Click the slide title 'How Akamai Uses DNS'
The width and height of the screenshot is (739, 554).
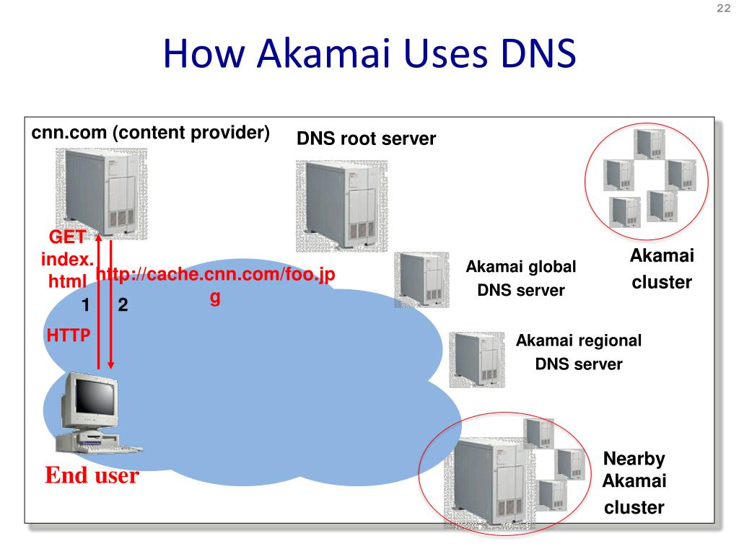click(369, 53)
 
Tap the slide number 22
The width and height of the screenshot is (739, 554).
click(723, 8)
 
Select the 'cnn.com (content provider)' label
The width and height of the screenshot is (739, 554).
click(150, 133)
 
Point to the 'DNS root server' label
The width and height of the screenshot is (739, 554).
click(366, 139)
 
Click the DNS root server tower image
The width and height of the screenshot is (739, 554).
click(341, 206)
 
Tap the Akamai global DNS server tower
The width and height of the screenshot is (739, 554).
click(421, 280)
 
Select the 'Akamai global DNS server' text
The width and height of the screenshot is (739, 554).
click(521, 278)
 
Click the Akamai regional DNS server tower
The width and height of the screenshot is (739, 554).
click(476, 360)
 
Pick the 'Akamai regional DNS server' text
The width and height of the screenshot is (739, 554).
click(579, 352)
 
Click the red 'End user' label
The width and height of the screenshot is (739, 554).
click(92, 475)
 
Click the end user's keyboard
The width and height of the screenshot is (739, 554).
click(110, 447)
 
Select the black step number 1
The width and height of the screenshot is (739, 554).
click(85, 305)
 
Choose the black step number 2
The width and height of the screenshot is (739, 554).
click(123, 305)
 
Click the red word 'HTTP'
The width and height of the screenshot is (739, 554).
click(69, 335)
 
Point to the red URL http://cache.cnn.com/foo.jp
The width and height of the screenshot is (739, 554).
click(215, 275)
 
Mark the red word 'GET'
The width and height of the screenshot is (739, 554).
click(67, 237)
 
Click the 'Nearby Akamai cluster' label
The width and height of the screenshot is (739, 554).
click(634, 483)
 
